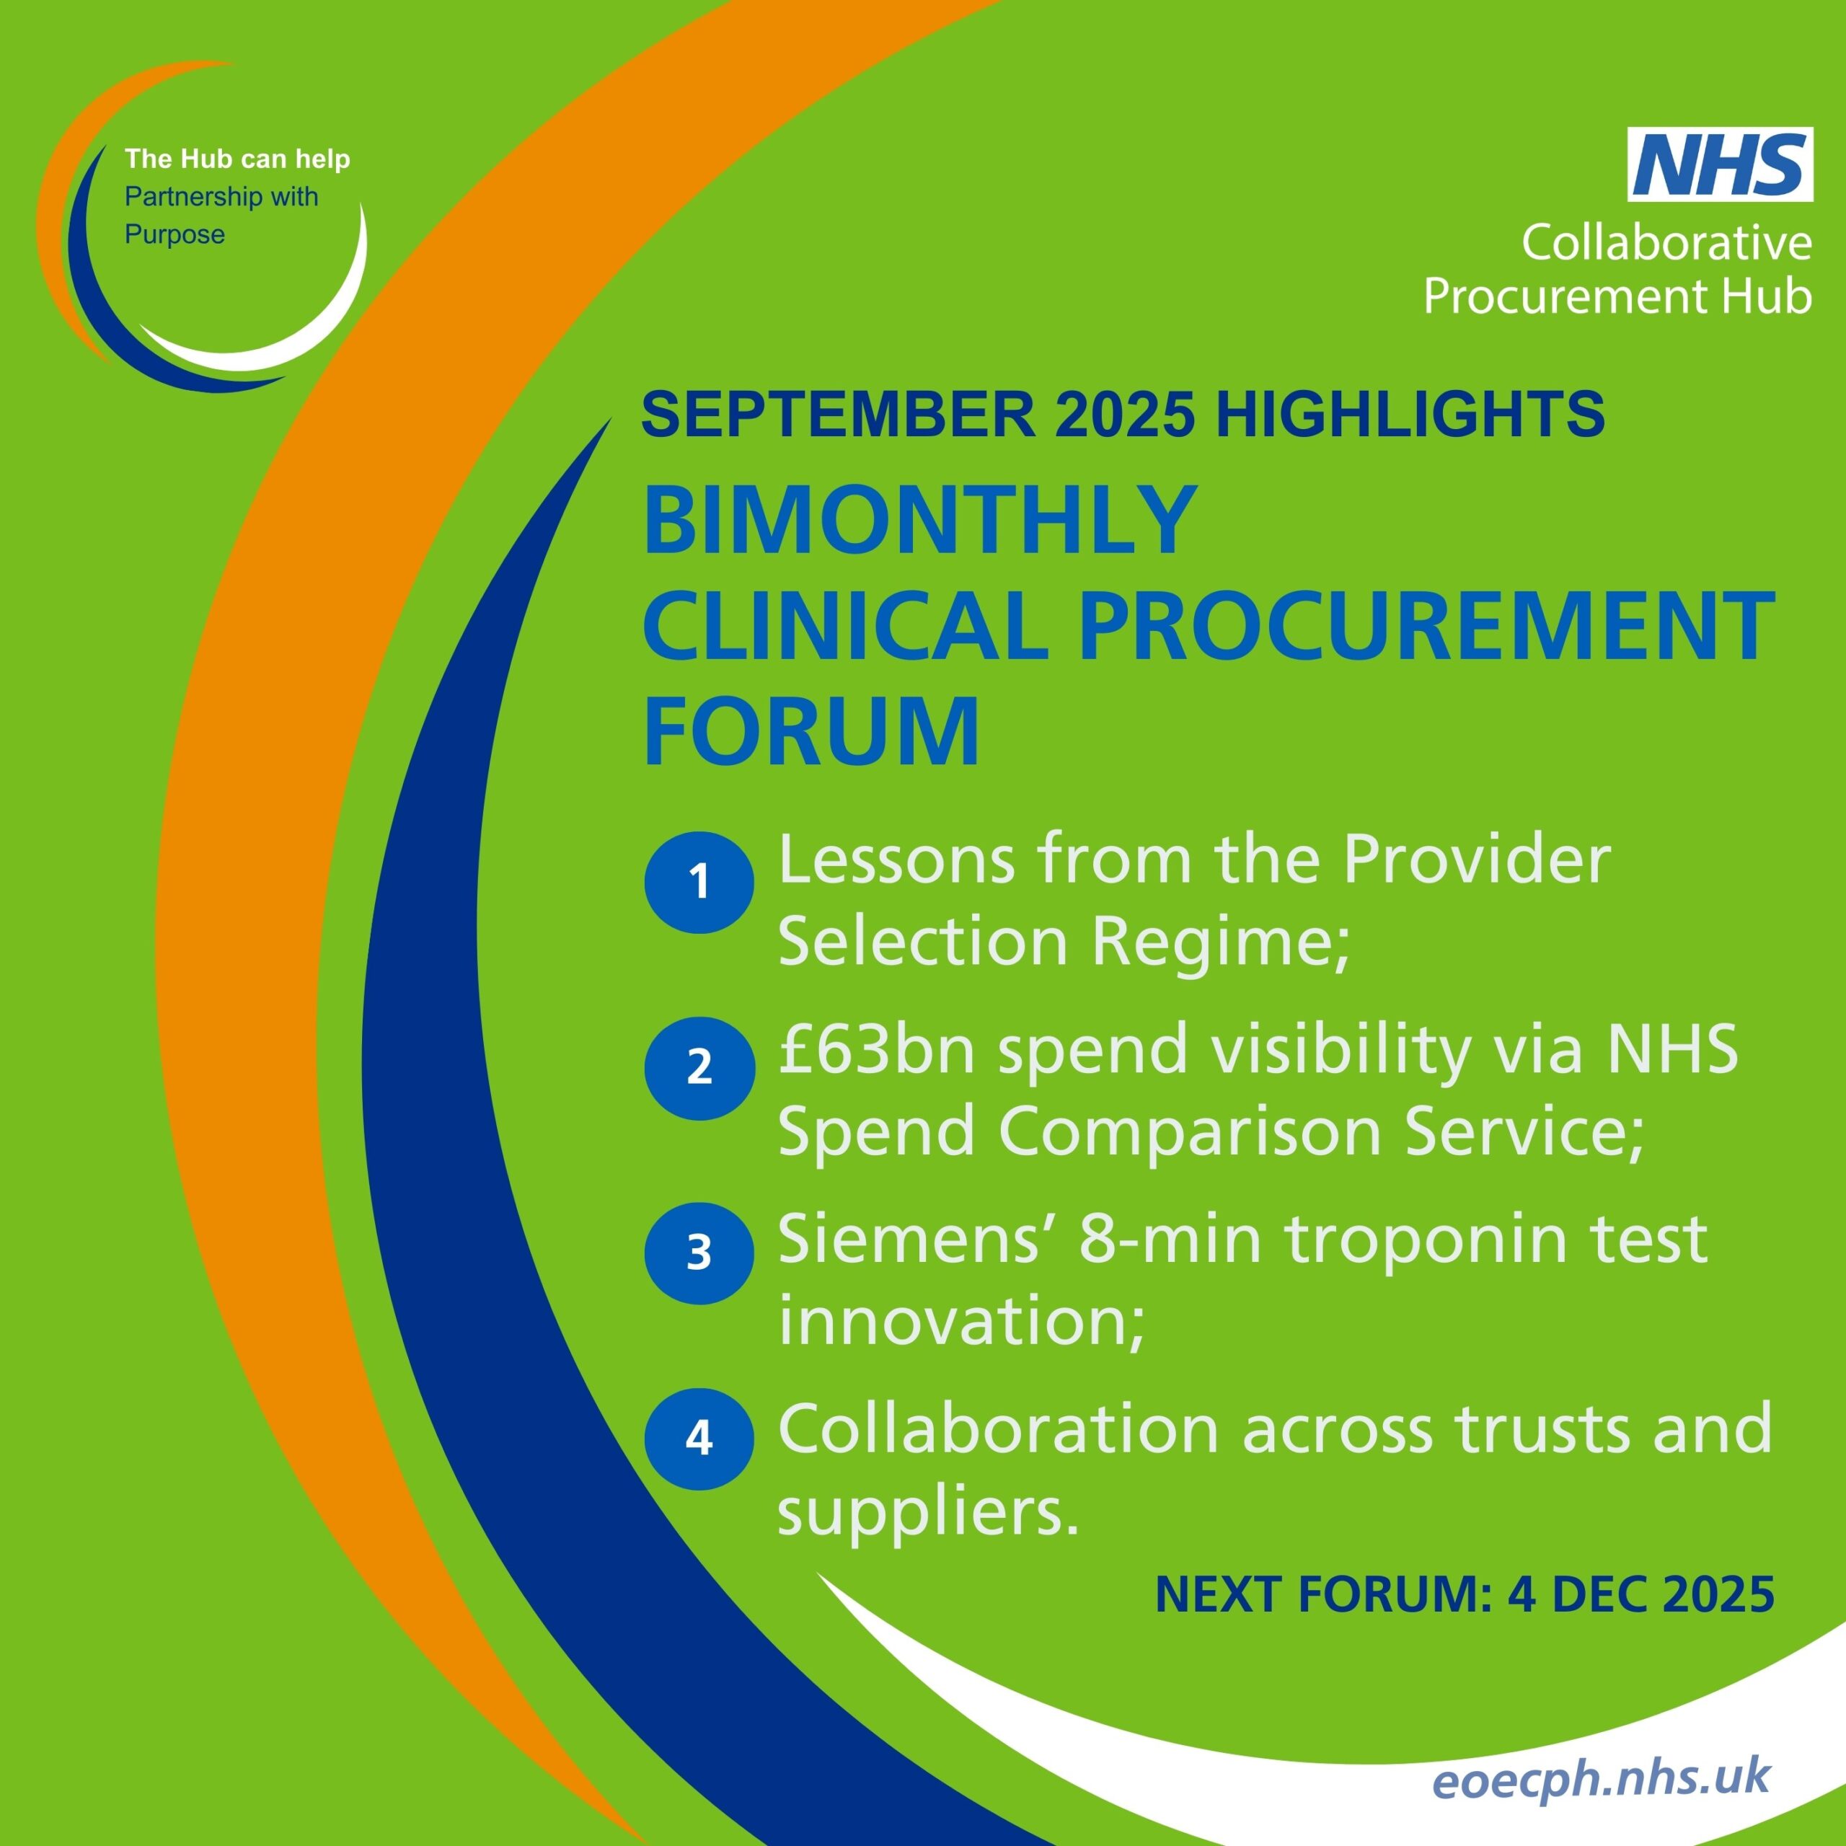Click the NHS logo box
(1720, 164)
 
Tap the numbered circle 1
(699, 882)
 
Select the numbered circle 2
(699, 1067)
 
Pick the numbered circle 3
(699, 1253)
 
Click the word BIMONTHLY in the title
(919, 521)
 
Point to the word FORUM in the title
(812, 731)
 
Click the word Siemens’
(920, 1240)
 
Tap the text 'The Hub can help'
(237, 159)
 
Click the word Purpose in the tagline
(175, 235)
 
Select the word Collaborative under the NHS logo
(1666, 243)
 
